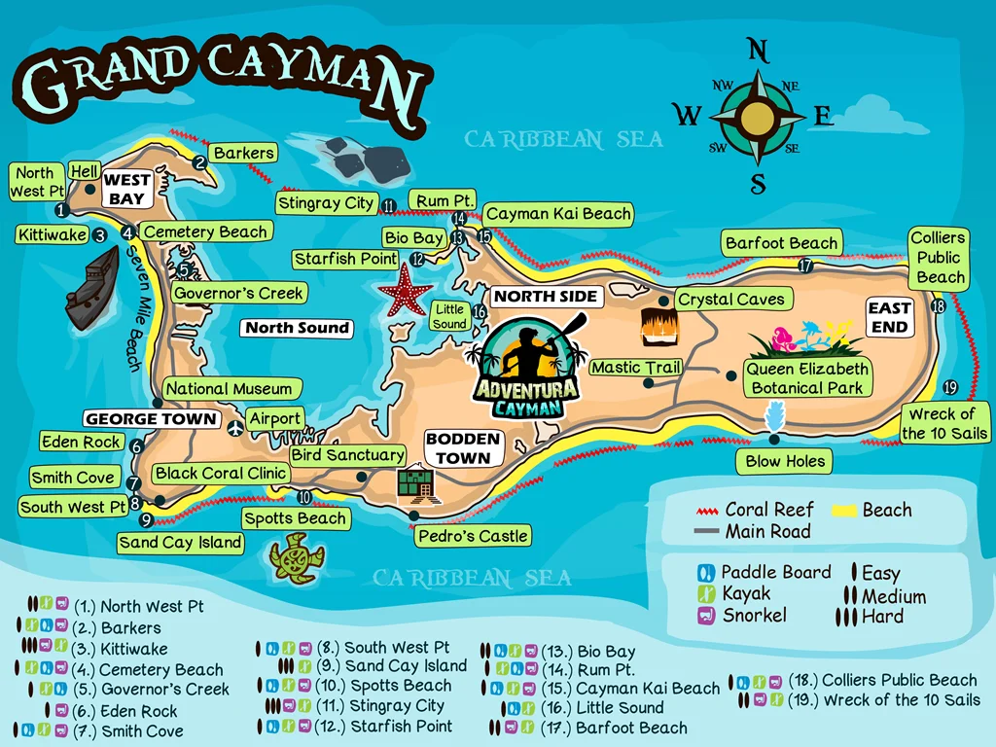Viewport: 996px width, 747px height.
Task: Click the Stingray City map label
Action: click(x=325, y=203)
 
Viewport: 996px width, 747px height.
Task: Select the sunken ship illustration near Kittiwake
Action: click(x=91, y=288)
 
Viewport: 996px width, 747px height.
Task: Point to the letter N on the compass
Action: click(x=758, y=51)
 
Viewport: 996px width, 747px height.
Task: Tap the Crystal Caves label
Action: click(x=730, y=300)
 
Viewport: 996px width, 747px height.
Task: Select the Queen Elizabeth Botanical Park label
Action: click(x=806, y=378)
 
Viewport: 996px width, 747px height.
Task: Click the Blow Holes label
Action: click(x=785, y=461)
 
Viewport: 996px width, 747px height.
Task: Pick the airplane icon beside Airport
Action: click(x=233, y=427)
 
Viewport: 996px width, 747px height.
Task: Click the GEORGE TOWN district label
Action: click(x=151, y=419)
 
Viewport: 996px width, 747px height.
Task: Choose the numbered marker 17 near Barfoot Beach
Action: click(x=805, y=265)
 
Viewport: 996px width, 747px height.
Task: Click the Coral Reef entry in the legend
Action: click(x=756, y=510)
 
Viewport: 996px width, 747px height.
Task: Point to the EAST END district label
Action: click(x=889, y=317)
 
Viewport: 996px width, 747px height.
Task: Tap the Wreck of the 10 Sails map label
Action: click(x=944, y=424)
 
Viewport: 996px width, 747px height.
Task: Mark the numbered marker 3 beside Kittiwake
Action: click(x=99, y=234)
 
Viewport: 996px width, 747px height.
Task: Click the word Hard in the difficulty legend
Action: click(x=882, y=617)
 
